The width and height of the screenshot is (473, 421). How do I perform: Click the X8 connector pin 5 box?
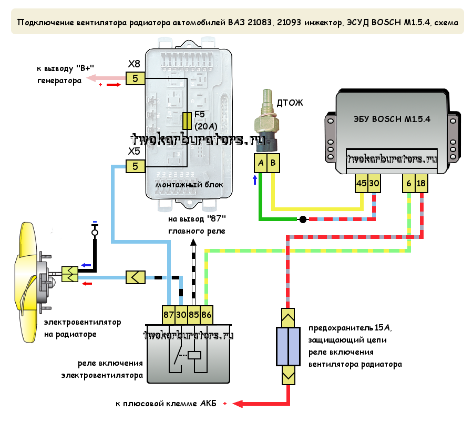[x=135, y=78]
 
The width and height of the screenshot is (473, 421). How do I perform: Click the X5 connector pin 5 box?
[x=135, y=166]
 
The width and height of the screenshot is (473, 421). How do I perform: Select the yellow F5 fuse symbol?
[x=187, y=121]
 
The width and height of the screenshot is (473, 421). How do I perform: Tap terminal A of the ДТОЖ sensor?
[x=260, y=164]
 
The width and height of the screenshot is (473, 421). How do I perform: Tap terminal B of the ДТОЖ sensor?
[x=273, y=164]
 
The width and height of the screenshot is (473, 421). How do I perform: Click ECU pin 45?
[x=362, y=183]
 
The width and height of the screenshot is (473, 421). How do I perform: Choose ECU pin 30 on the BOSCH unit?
[x=374, y=183]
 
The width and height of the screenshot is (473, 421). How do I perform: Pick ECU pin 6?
[x=409, y=183]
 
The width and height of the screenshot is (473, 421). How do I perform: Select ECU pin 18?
[x=421, y=183]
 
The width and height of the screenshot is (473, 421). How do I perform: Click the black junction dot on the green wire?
[x=303, y=218]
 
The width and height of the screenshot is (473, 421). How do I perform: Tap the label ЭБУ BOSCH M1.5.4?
[x=392, y=118]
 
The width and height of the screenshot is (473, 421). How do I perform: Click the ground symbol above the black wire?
[x=95, y=230]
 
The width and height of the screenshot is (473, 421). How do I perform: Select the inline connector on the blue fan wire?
[x=135, y=277]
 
